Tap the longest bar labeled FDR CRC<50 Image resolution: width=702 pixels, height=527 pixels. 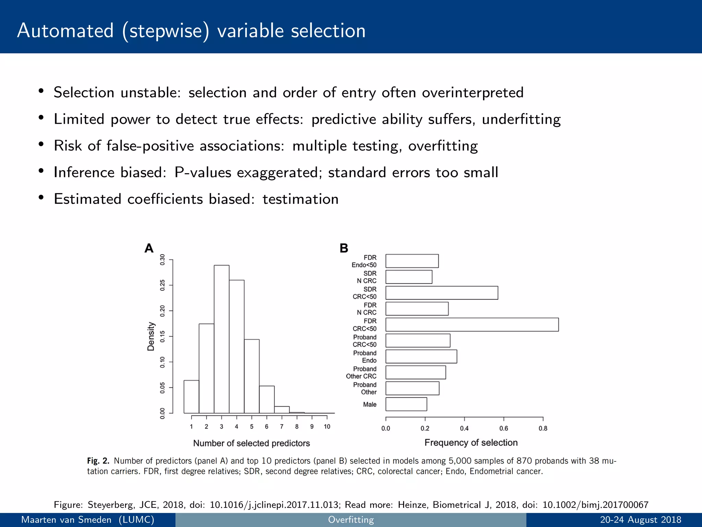point(472,325)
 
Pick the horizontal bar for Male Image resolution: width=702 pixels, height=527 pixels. point(406,404)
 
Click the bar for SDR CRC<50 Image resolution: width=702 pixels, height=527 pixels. point(441,293)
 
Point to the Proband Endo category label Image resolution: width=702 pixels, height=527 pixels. point(365,357)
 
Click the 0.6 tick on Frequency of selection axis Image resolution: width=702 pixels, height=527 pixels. point(504,428)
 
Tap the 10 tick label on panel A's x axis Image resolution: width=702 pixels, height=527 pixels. point(327,426)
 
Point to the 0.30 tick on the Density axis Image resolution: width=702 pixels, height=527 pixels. point(162,260)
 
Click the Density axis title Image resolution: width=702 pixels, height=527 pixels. point(151,336)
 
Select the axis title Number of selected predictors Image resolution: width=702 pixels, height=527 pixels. point(251,443)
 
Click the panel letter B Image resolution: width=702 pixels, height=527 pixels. point(344,248)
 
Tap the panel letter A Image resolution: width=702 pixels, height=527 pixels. point(149,248)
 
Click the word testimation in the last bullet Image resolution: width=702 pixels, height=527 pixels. point(300,199)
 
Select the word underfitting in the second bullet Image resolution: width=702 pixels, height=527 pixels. point(521,119)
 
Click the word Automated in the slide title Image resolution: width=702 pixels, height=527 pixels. point(65,31)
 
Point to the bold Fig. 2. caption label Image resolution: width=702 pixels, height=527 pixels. point(98,461)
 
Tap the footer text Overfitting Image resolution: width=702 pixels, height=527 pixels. point(351,519)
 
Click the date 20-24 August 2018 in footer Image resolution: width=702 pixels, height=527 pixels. point(640,519)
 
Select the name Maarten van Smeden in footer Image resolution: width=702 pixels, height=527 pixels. point(66,519)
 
